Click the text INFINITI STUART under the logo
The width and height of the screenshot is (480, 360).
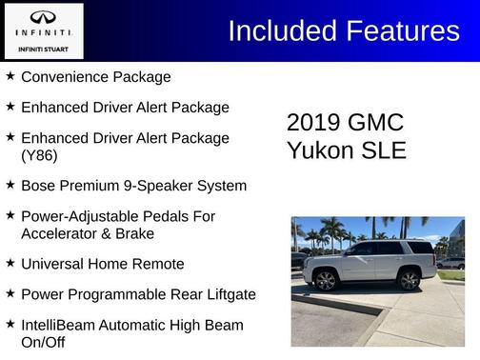pyautogui.click(x=43, y=47)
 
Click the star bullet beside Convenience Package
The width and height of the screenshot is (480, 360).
pyautogui.click(x=10, y=76)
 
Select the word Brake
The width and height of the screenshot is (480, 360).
pyautogui.click(x=134, y=233)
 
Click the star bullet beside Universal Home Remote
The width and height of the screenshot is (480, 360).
pyautogui.click(x=10, y=263)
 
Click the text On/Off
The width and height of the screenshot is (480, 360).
pyautogui.click(x=43, y=342)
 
